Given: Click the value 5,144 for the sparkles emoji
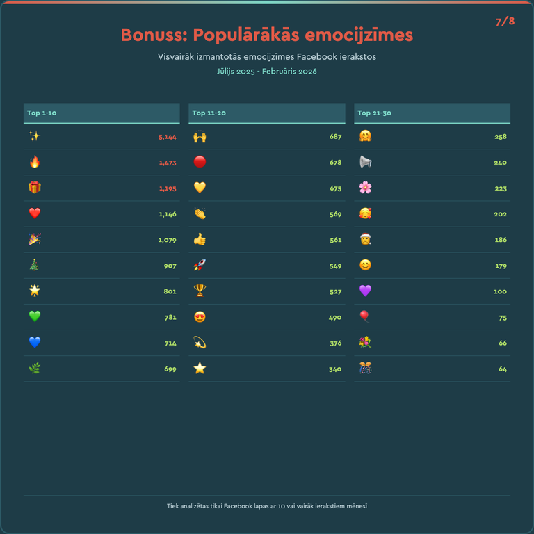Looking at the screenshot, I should click(x=167, y=137).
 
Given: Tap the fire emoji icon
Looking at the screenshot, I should click(x=35, y=162).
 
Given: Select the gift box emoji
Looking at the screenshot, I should click(x=35, y=188).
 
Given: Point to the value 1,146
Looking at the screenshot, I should click(x=167, y=214).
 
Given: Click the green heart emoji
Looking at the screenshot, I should click(x=35, y=316).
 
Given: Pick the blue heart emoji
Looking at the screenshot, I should click(x=35, y=342).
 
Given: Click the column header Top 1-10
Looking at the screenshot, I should click(x=42, y=113).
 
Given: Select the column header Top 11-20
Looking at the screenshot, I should click(x=209, y=113).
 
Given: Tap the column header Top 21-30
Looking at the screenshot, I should click(x=374, y=113).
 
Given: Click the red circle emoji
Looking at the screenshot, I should click(x=200, y=162).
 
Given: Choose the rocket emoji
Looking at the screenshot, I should click(x=200, y=265).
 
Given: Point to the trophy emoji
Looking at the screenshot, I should click(x=200, y=291).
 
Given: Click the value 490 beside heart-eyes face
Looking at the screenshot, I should click(x=335, y=317).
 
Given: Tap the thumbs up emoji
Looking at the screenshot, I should click(x=200, y=239).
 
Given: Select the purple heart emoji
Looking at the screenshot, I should click(x=365, y=291).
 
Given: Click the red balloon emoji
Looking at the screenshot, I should click(x=365, y=316).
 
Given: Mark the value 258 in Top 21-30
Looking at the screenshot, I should click(x=501, y=137).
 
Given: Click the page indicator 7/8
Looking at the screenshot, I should click(x=505, y=22).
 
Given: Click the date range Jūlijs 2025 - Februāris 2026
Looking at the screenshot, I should click(x=267, y=72).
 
